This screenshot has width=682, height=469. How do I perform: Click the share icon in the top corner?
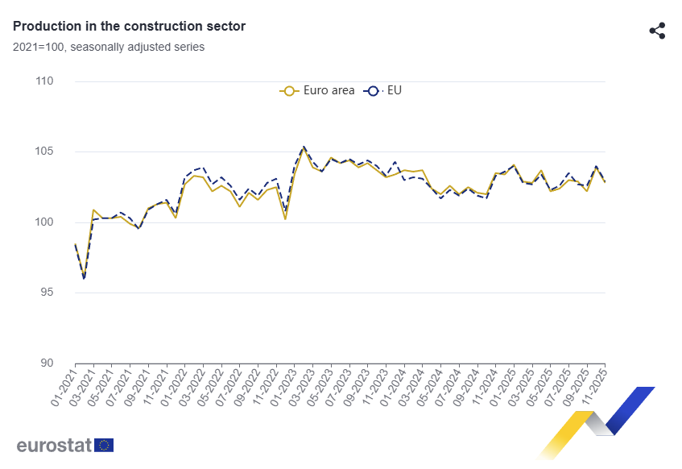[657, 31]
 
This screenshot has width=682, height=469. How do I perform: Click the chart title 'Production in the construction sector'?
[129, 27]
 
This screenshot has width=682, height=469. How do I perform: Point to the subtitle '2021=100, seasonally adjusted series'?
[109, 47]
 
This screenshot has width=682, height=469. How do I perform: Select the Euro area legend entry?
[317, 90]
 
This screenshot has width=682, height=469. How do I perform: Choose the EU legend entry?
[384, 90]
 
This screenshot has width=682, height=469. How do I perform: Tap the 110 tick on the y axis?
[44, 81]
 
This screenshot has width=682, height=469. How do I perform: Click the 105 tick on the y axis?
[44, 151]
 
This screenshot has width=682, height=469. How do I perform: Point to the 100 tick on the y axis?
[44, 222]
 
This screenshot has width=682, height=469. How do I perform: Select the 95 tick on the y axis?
[45, 293]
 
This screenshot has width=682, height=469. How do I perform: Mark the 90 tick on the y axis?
[45, 363]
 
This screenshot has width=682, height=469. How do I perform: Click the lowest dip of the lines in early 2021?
[84, 278]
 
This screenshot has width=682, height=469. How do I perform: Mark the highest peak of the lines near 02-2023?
[304, 147]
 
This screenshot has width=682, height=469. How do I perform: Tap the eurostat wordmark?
[53, 445]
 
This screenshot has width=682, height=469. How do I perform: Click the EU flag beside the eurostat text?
[104, 445]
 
